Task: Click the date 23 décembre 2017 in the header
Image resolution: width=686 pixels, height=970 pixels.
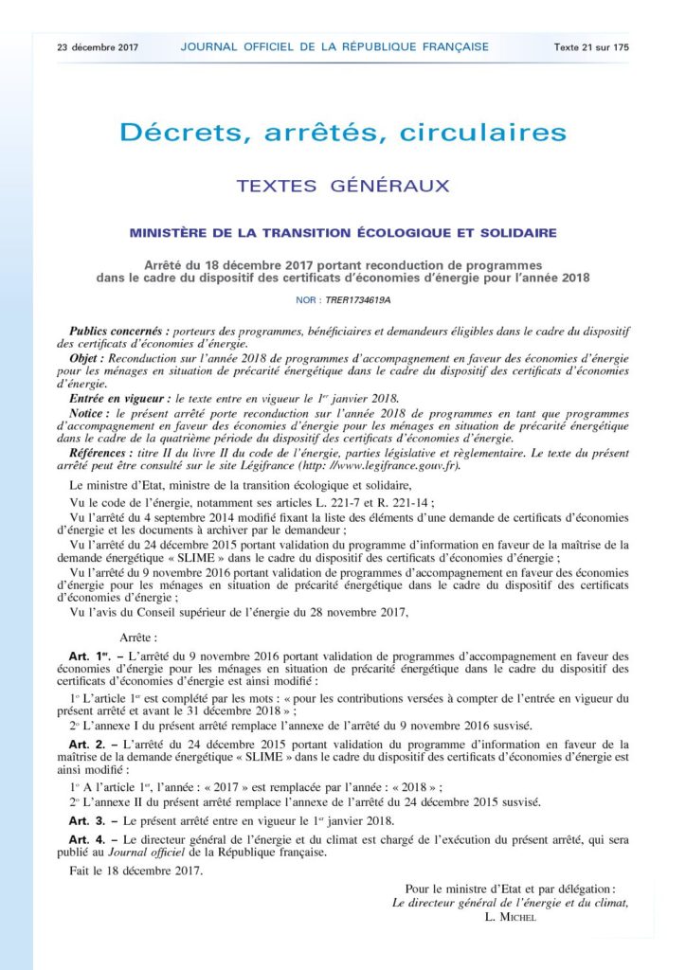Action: [x=99, y=46]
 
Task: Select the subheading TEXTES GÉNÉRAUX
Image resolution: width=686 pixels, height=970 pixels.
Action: [x=343, y=186]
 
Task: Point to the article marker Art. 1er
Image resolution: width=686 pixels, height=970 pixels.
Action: [x=83, y=656]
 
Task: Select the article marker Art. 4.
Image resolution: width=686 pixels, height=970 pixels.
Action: [x=81, y=839]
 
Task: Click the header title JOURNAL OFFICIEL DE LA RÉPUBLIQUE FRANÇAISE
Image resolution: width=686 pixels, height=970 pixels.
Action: [x=334, y=46]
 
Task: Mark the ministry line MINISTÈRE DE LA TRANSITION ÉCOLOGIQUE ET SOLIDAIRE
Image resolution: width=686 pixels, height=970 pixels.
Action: [x=343, y=232]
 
